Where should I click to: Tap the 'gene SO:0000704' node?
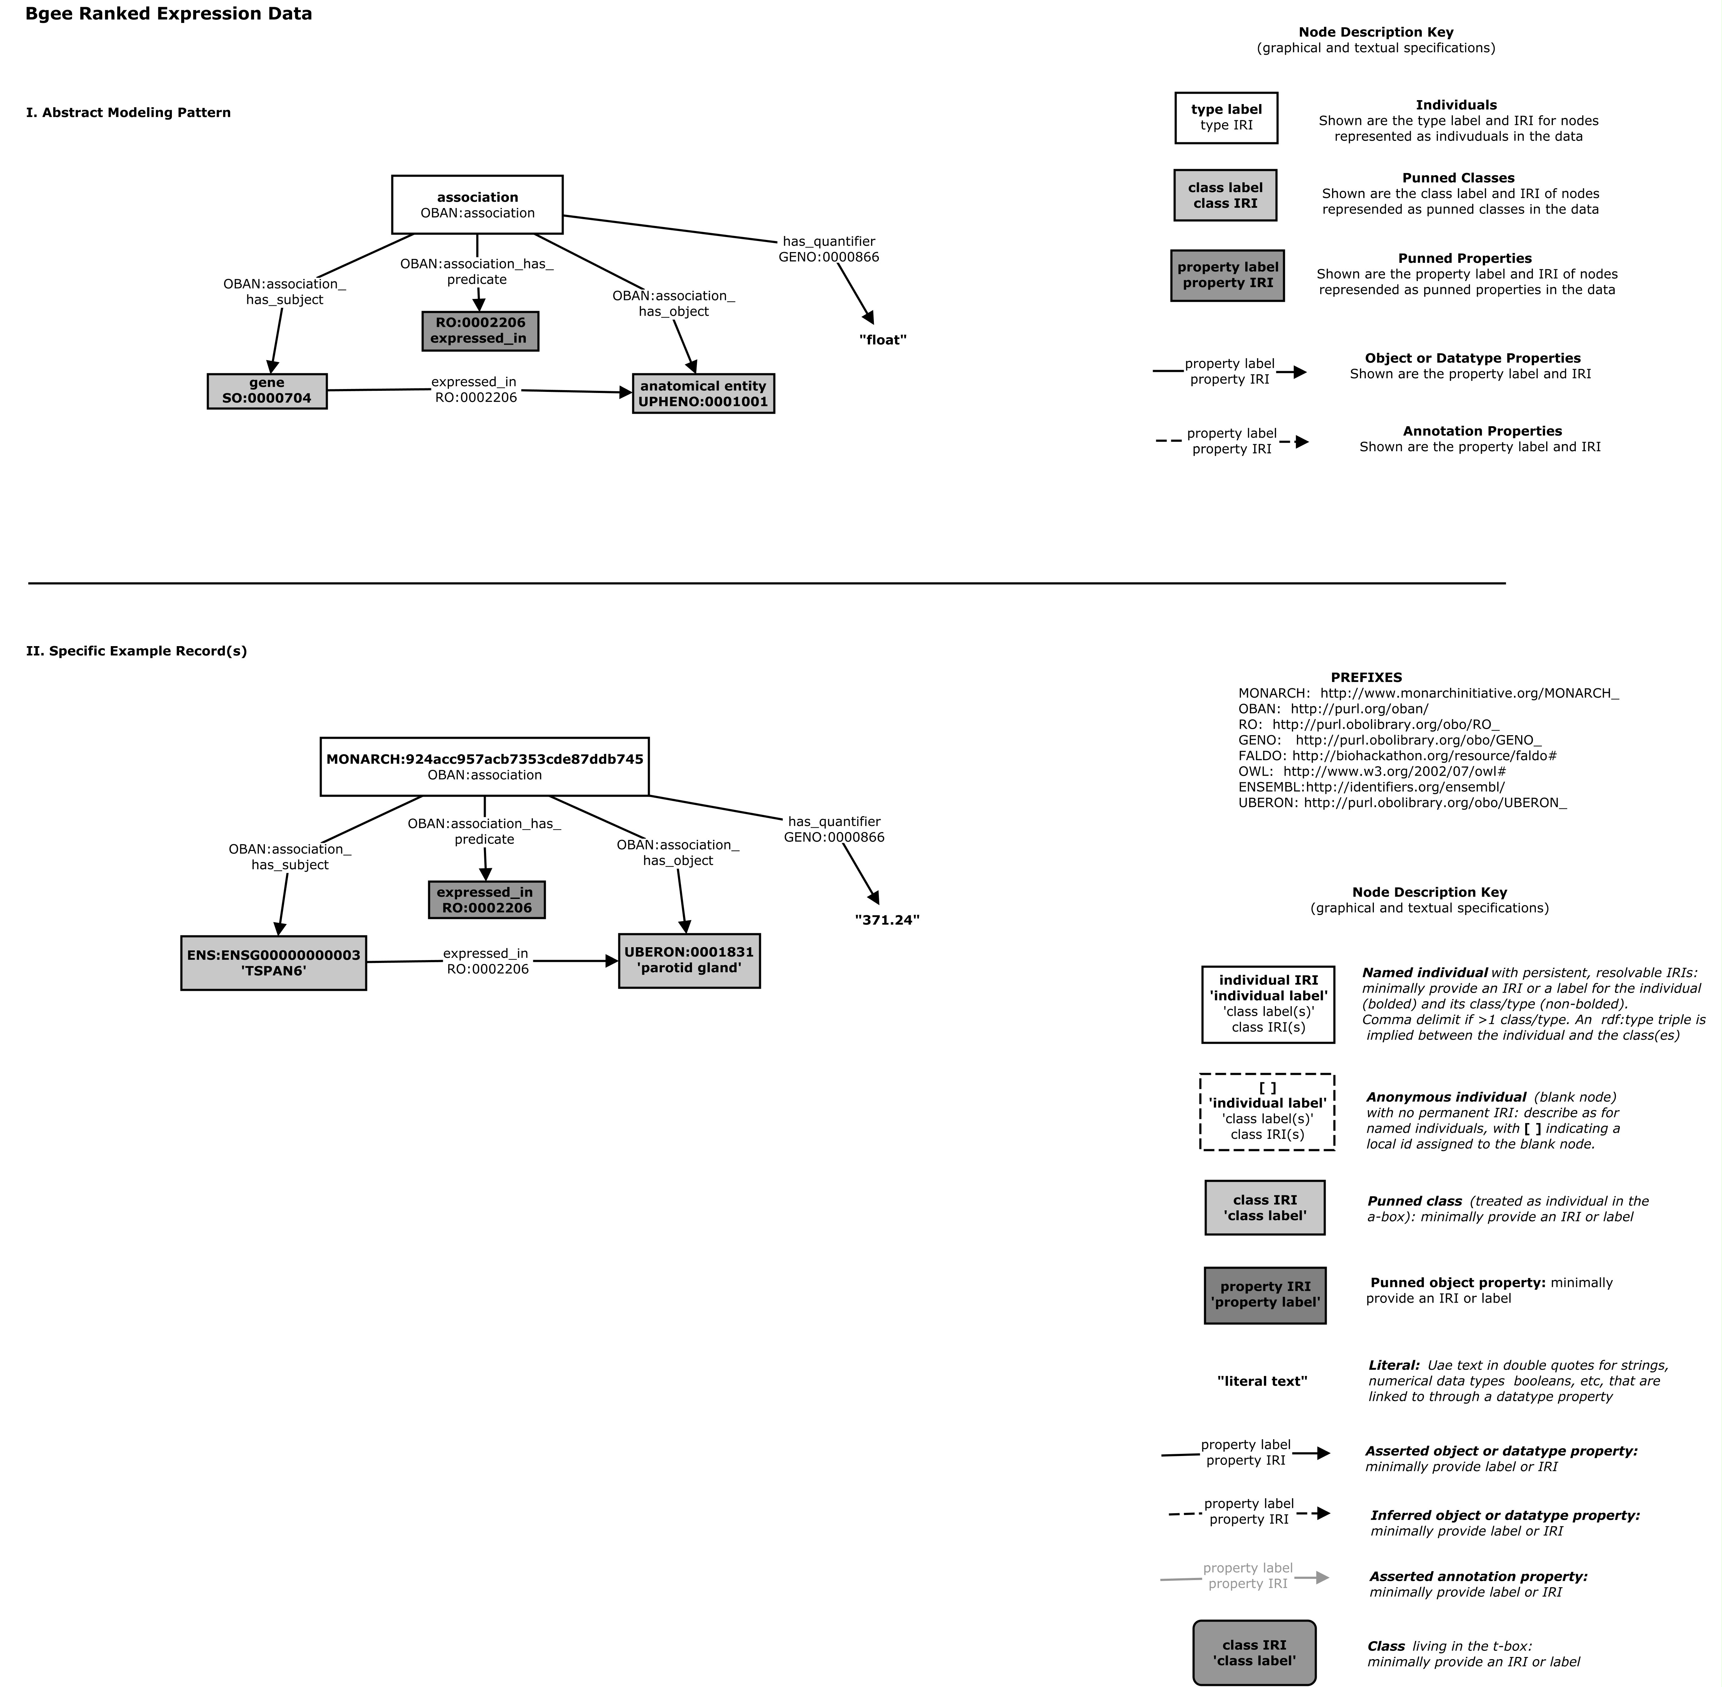pos(267,391)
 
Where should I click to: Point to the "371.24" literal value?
pos(887,920)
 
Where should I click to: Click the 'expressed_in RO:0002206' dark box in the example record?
pos(486,899)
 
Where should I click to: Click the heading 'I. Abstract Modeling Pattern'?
pos(128,113)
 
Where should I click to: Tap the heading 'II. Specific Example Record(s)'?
pos(137,651)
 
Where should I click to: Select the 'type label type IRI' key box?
pos(1226,118)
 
